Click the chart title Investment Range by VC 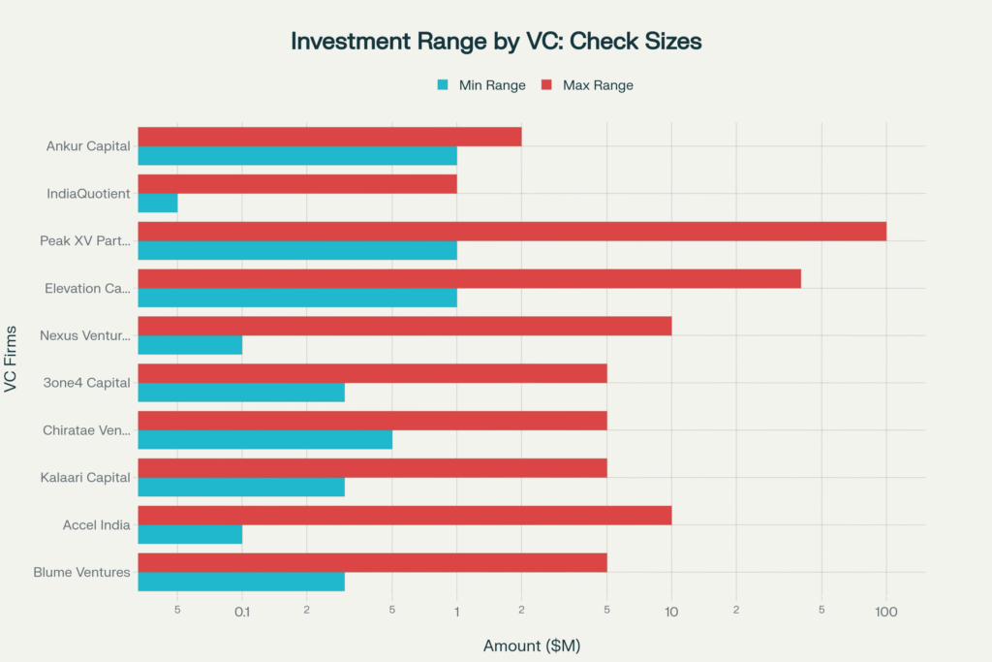[x=496, y=42]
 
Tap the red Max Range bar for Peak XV [x=511, y=232]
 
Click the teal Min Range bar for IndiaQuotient [x=158, y=203]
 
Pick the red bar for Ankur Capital [x=329, y=137]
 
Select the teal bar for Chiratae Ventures [x=264, y=439]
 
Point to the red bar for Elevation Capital [x=469, y=278]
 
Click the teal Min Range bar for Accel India [x=190, y=534]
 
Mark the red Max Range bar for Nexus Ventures [x=404, y=326]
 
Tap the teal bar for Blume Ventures [x=241, y=582]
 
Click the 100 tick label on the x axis [x=885, y=612]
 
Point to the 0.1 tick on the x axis [x=242, y=612]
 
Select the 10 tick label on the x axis [x=670, y=612]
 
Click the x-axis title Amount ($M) [x=531, y=645]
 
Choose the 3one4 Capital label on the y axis [x=87, y=383]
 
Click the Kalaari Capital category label [x=85, y=477]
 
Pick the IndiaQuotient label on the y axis [x=88, y=194]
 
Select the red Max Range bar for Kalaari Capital [x=372, y=468]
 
